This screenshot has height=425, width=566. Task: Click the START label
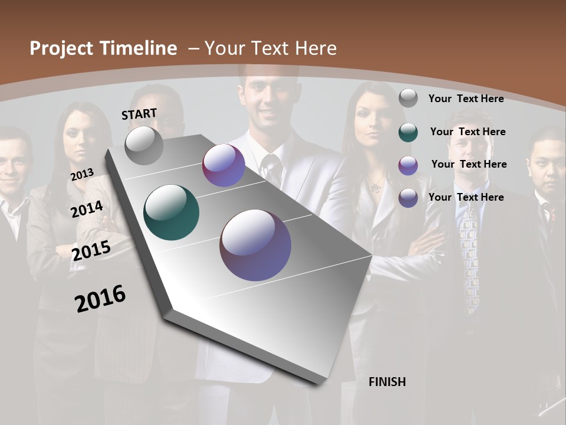tap(139, 114)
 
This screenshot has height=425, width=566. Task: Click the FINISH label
tap(387, 382)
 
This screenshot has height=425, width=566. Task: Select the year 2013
tap(82, 175)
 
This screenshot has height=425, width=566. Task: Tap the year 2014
tap(87, 209)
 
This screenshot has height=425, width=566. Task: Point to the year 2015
tap(91, 251)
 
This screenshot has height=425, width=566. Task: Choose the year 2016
tap(100, 298)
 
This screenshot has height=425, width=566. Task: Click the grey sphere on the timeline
tap(144, 145)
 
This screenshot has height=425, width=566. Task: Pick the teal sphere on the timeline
tap(171, 212)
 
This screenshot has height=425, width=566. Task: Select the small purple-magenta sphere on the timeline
tap(223, 165)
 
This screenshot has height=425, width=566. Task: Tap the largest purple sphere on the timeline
tap(255, 245)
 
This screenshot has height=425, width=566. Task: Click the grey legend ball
tap(408, 98)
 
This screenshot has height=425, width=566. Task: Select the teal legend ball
tap(408, 132)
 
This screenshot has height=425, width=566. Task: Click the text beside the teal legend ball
tap(468, 132)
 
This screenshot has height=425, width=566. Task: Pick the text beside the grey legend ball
tap(466, 99)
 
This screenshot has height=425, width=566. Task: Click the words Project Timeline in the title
tap(103, 48)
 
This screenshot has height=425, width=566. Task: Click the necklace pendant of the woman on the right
tap(374, 188)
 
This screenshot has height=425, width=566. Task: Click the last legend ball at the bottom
tap(408, 198)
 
